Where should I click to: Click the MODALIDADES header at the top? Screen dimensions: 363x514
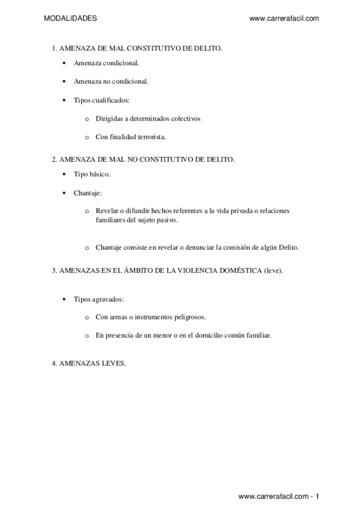pos(70,19)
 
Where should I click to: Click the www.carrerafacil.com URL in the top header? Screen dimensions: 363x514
pos(284,19)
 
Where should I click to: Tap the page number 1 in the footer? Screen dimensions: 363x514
pos(316,496)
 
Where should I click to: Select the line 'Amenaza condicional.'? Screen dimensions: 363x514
pos(106,62)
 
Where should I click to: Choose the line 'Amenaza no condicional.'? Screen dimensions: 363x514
pos(111,81)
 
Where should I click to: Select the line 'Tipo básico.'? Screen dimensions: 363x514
pos(92,175)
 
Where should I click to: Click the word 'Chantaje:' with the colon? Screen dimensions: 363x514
pos(88,193)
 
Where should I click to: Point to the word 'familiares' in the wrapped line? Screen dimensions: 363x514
pos(110,221)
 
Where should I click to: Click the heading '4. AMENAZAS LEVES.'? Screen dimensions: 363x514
pos(88,364)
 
